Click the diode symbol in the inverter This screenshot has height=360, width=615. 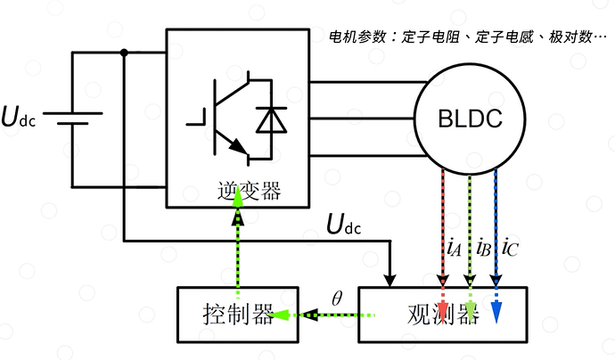pos(266,121)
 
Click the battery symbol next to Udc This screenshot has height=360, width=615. pos(72,119)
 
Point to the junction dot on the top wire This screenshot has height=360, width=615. pos(123,53)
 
